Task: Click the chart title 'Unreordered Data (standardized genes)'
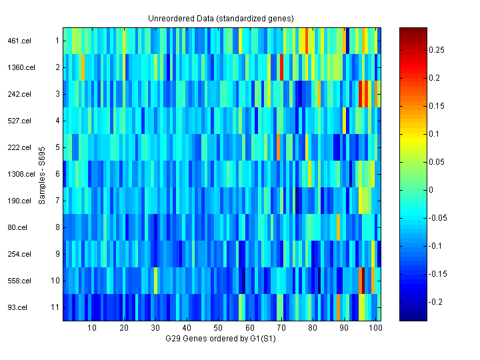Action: click(x=221, y=18)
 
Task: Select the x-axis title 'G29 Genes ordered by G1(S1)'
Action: click(x=221, y=339)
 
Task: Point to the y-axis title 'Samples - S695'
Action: click(x=42, y=174)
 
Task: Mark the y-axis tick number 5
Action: click(x=58, y=147)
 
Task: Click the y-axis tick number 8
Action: click(x=58, y=227)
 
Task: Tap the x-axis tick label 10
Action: click(x=92, y=328)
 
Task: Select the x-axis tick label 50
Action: click(x=218, y=328)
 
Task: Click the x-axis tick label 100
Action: click(x=375, y=328)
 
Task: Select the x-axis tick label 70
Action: click(x=281, y=328)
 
